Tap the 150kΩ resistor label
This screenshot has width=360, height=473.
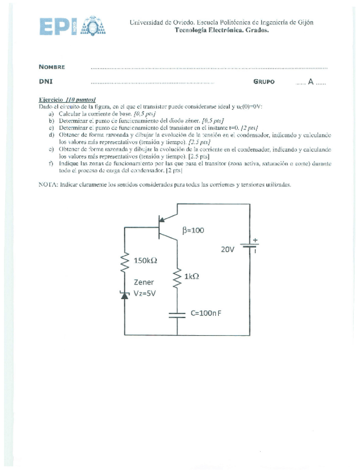(150, 260)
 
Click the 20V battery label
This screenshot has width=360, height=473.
(228, 249)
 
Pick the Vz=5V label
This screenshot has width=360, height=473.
(145, 293)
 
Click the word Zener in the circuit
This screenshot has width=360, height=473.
(144, 282)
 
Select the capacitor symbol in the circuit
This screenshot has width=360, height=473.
(177, 314)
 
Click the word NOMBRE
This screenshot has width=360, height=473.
(52, 67)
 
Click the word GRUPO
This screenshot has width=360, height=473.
(263, 81)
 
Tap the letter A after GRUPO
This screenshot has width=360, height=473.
(310, 81)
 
